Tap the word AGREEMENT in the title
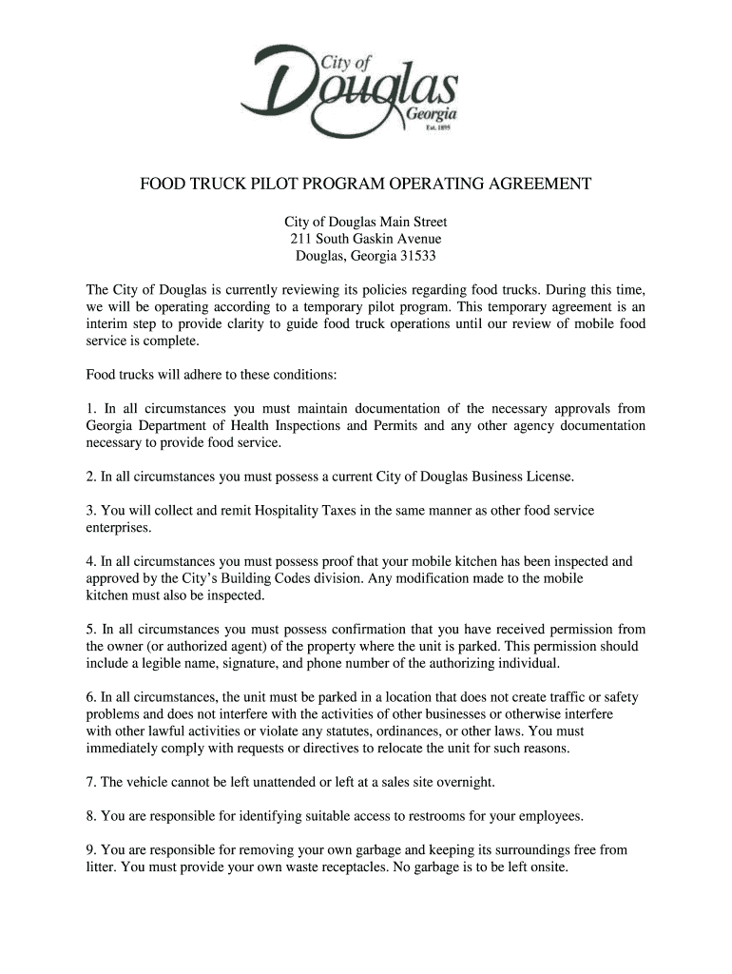[528, 184]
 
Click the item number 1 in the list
[90, 409]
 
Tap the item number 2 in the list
[90, 476]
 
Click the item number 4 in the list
[90, 562]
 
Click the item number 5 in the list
[90, 630]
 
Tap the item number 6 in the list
[90, 697]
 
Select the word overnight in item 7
[463, 782]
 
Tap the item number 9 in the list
[90, 849]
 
